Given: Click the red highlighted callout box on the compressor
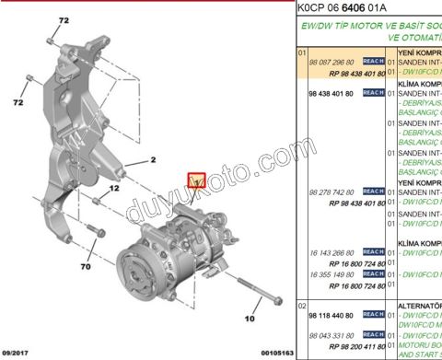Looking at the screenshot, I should (x=196, y=180).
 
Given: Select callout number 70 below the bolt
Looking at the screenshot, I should (x=86, y=268).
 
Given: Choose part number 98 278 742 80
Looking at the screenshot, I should (x=335, y=192).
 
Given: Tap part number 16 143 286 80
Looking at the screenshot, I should (x=335, y=251).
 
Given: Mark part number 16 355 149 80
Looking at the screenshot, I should (x=335, y=274).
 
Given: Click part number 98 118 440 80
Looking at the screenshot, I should (x=335, y=315).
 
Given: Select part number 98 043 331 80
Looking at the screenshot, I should (x=335, y=337).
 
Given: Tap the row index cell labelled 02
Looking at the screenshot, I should (x=300, y=304).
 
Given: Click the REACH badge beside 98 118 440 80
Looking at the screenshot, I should (x=373, y=315).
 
